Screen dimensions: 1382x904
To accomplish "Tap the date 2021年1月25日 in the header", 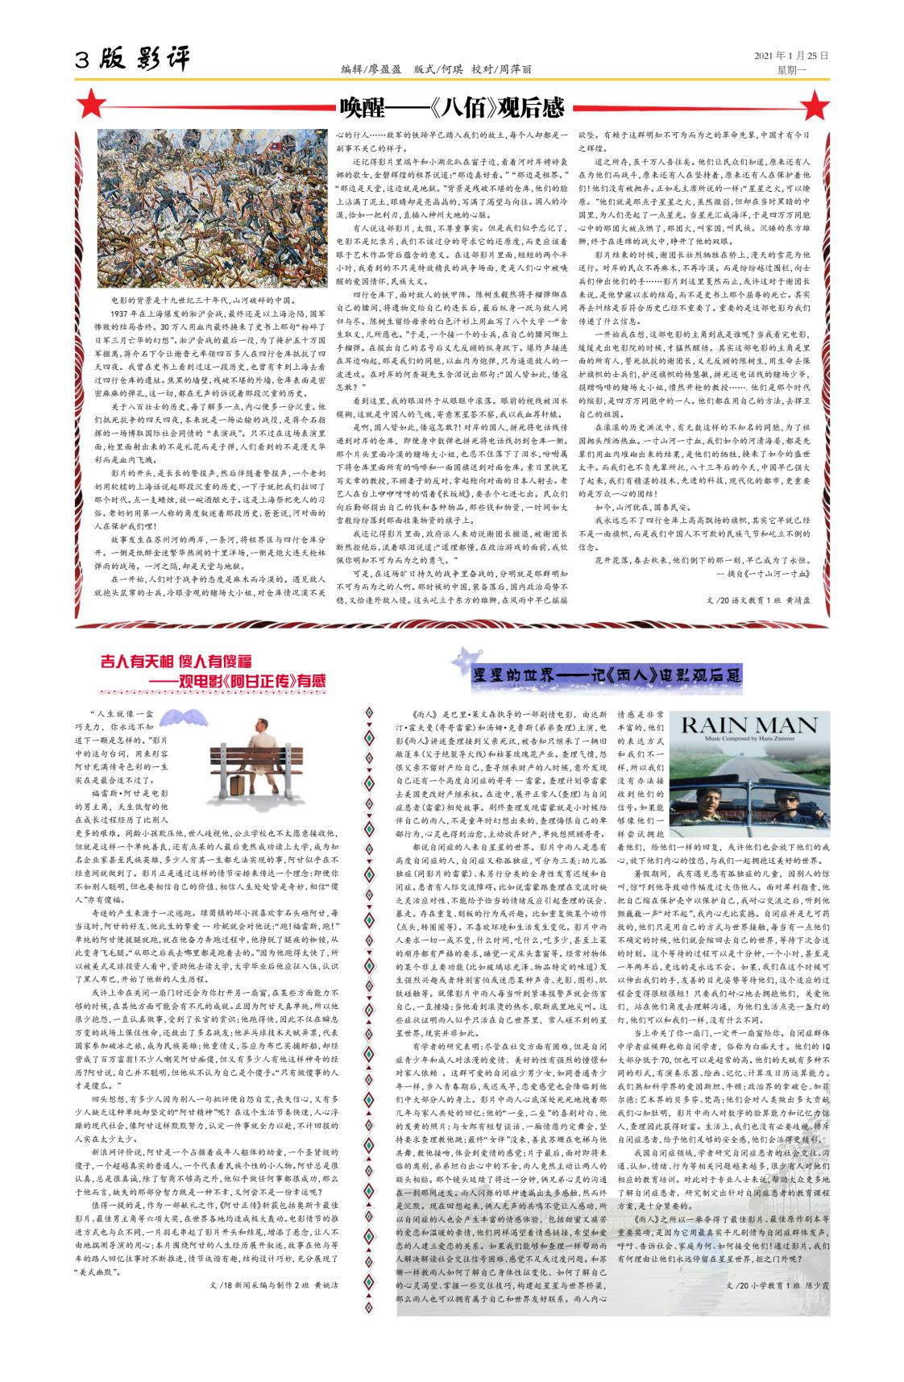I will [790, 56].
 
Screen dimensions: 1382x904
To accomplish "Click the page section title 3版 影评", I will [134, 60].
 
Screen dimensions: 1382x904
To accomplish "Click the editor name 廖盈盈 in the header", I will [385, 70].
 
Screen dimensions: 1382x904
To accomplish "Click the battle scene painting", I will [214, 207].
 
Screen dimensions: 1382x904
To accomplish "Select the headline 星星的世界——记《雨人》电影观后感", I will [606, 674].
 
